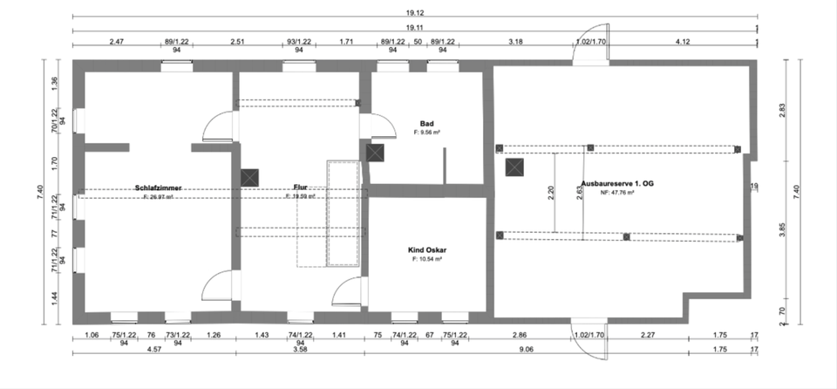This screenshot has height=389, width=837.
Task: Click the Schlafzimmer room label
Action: coord(158,188)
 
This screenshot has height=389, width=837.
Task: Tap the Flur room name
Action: coord(300,188)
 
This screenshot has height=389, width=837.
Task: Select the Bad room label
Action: coord(426,124)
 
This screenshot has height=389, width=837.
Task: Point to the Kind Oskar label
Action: coord(426,249)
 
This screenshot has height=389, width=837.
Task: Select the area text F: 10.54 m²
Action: coord(426,259)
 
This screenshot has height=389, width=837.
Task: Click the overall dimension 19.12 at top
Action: coord(415,13)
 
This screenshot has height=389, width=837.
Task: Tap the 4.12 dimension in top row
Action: coord(682,41)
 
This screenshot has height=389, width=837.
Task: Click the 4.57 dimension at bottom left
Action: coord(153,350)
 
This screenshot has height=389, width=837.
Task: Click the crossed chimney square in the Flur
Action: coord(250,176)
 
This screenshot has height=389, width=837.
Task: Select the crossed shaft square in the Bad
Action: coord(375,153)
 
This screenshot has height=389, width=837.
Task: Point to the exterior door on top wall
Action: coord(590,54)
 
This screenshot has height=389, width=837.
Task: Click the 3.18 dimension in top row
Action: coord(515,41)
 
